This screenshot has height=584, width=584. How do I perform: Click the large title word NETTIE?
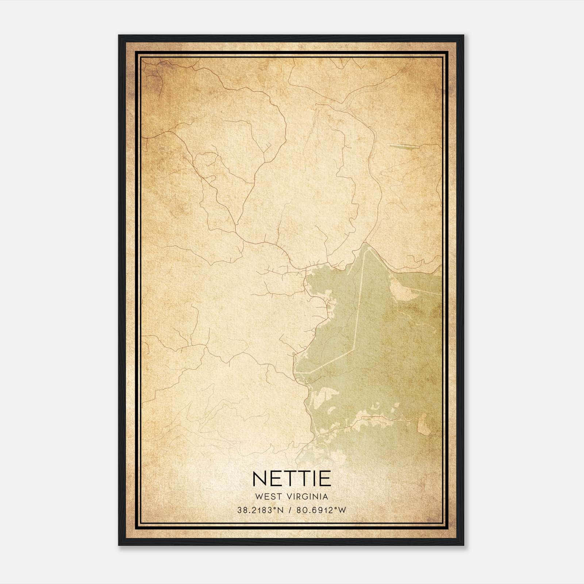[x=291, y=479]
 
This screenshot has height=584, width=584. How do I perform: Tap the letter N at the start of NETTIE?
[x=260, y=479]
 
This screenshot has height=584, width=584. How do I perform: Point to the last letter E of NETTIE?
[x=325, y=479]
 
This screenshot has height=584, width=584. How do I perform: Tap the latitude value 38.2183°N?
[x=260, y=510]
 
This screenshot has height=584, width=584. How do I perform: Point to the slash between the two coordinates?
[x=290, y=510]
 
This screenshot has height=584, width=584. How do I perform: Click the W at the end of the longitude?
[x=342, y=510]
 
